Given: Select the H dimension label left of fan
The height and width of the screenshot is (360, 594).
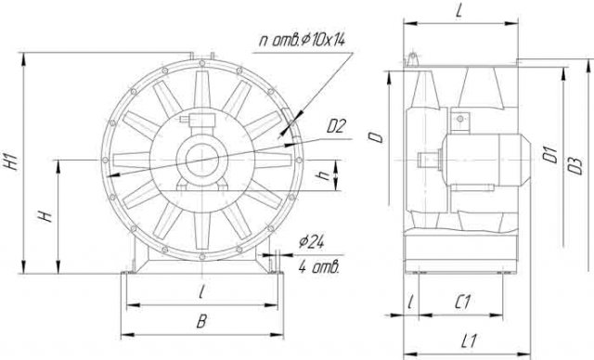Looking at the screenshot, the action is [x=45, y=216].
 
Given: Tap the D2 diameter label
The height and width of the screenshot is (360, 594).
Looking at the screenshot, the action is [x=336, y=126].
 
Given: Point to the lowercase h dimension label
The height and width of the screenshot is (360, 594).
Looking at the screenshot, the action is [x=324, y=174].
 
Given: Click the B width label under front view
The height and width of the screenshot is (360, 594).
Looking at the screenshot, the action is [x=201, y=321].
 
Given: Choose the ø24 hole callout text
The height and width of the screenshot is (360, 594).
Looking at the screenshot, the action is [x=311, y=241].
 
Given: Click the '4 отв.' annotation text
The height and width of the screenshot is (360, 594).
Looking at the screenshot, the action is [x=318, y=267].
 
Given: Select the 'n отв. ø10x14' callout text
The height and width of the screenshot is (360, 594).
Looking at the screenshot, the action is [x=302, y=39].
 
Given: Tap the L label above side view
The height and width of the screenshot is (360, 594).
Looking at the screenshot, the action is [x=458, y=12].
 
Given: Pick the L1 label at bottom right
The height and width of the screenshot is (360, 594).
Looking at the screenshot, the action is [x=469, y=341].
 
